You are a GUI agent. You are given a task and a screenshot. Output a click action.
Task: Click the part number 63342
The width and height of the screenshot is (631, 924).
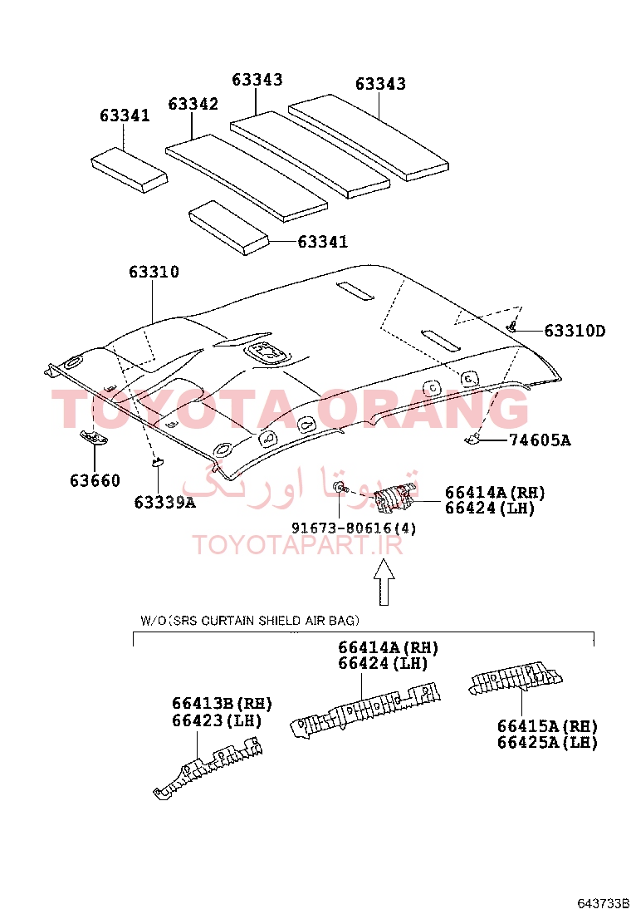(x=193, y=104)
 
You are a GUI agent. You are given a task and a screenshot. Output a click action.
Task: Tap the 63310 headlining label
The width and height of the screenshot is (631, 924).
(x=154, y=272)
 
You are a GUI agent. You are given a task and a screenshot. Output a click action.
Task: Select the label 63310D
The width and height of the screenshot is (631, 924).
(x=575, y=331)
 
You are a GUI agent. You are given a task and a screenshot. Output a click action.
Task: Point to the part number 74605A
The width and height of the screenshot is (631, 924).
(x=540, y=440)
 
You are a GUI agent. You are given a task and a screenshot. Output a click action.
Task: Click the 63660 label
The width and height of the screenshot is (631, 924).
(x=95, y=481)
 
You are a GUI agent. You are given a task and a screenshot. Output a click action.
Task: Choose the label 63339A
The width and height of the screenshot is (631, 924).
(x=165, y=503)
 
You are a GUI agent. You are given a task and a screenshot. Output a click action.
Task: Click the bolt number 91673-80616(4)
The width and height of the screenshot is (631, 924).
(x=354, y=528)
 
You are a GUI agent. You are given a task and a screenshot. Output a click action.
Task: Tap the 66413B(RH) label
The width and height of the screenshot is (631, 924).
(x=222, y=704)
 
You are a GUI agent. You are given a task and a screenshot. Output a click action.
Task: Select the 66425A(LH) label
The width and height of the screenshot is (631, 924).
(x=547, y=743)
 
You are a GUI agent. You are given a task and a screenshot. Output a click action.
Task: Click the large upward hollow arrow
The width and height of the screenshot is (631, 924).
(x=384, y=582)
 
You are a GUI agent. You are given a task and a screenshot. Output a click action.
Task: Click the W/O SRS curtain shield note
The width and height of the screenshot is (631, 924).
(x=250, y=621)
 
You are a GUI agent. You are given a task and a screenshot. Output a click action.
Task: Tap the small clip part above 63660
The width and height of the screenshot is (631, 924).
(x=94, y=437)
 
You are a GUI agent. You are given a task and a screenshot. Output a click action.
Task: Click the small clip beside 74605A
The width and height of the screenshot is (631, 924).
(x=472, y=439)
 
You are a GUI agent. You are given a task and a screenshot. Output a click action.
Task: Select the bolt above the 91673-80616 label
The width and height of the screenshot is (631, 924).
(x=340, y=488)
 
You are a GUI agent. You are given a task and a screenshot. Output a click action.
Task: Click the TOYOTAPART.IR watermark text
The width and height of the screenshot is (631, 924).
(x=298, y=546)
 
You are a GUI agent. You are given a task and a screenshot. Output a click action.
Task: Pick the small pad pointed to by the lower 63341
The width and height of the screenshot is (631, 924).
(x=229, y=228)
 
